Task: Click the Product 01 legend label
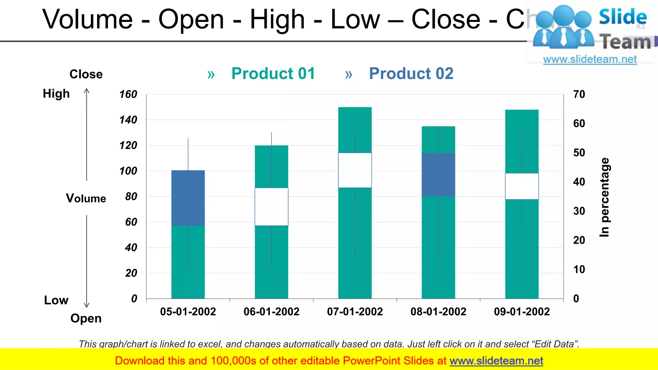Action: (x=273, y=74)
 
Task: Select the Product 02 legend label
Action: (x=411, y=74)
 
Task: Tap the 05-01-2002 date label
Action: (x=188, y=312)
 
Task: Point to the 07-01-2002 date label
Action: (x=355, y=312)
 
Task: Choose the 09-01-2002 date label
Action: (x=522, y=312)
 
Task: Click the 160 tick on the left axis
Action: (x=128, y=94)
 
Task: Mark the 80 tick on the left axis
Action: (x=131, y=196)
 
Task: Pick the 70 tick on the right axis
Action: (x=579, y=94)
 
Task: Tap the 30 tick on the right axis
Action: (x=579, y=211)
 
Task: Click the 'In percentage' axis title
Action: (x=604, y=197)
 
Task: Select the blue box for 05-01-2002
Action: (x=188, y=198)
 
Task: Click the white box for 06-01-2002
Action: (x=271, y=207)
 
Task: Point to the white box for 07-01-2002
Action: (x=355, y=170)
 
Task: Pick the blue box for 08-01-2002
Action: (x=438, y=174)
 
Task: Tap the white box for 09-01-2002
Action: (x=522, y=186)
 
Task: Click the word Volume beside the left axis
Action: (x=86, y=198)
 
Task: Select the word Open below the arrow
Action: (x=86, y=318)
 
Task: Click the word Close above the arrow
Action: (x=86, y=74)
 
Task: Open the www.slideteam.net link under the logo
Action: (x=590, y=59)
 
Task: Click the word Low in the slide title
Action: (x=355, y=19)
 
